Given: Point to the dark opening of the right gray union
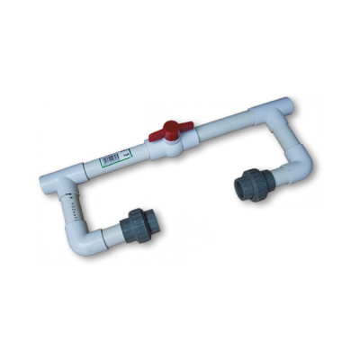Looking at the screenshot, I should (x=244, y=185).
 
